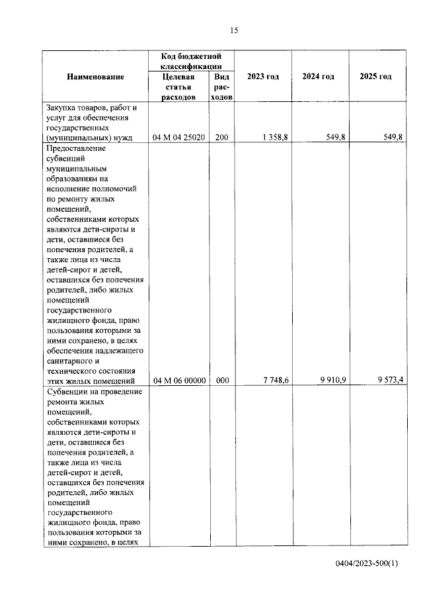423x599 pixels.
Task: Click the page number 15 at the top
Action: tap(233, 30)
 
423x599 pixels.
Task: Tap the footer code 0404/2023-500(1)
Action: tap(367, 563)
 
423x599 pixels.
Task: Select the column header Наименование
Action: tap(95, 77)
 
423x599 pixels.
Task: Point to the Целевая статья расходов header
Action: tap(179, 87)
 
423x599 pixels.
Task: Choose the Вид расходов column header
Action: tap(221, 87)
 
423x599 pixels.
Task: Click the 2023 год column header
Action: tap(263, 77)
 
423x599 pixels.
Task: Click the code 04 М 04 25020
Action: tap(178, 138)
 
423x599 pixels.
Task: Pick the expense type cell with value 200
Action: tap(221, 138)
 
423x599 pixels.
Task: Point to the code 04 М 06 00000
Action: tap(178, 380)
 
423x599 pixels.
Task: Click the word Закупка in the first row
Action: tap(61, 107)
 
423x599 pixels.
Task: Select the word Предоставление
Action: tap(76, 148)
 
